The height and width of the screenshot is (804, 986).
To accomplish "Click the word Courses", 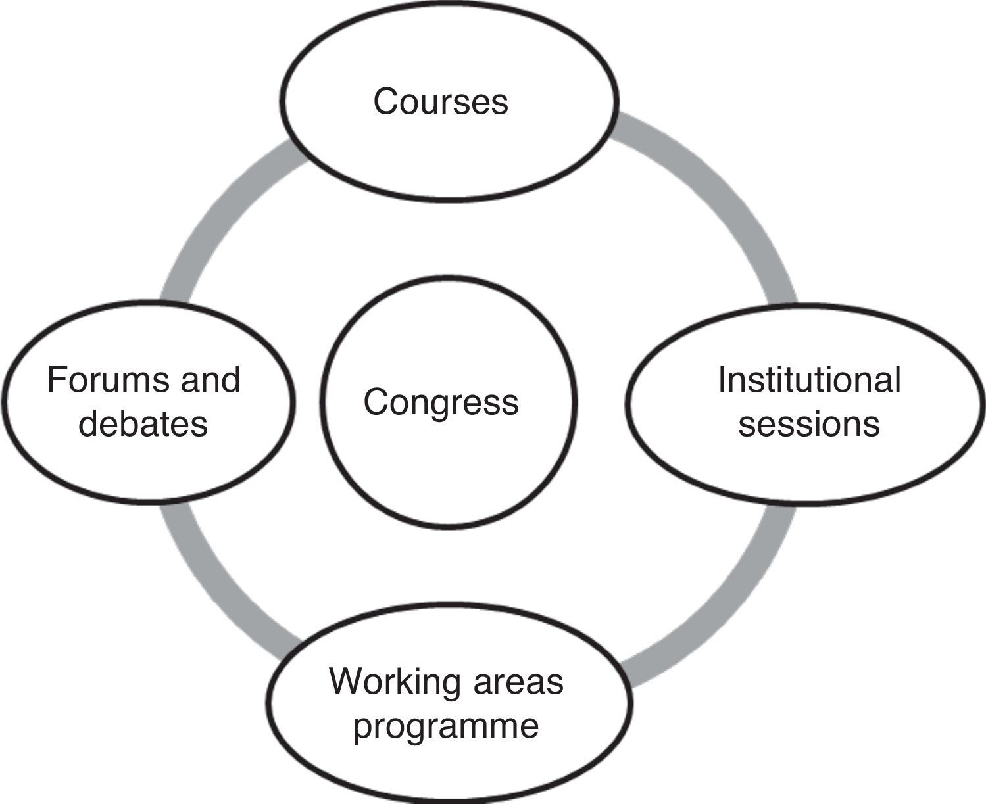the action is coord(441,102).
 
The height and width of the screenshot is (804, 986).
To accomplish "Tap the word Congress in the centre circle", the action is coord(441,402).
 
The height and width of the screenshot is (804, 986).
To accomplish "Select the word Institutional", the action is coord(808,379).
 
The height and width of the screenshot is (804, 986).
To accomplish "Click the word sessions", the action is coord(808,424).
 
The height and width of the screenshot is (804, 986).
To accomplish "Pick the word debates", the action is coord(143,424).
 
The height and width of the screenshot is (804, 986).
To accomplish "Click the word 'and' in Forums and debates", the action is coord(210,380).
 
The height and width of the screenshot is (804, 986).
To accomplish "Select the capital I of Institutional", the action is coord(722,379).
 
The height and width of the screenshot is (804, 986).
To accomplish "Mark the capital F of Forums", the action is coord(56,380).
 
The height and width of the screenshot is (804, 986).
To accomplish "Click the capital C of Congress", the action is coord(376,402).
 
